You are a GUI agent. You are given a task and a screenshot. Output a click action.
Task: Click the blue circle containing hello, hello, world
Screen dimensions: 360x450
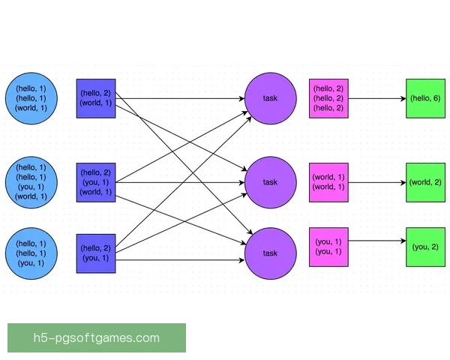tap(31, 98)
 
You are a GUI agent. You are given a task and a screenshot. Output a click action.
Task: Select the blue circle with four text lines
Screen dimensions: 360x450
tap(31, 182)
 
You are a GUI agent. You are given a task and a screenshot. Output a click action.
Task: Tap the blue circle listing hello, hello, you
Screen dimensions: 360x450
tap(31, 253)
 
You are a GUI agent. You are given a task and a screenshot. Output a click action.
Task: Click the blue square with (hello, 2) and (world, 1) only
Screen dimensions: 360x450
tap(96, 98)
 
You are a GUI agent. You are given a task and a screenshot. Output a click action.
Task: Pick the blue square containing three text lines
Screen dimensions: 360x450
tap(96, 182)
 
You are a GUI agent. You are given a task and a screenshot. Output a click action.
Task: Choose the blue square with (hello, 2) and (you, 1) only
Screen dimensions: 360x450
tap(96, 253)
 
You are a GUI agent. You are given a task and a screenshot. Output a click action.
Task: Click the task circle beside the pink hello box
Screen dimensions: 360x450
tap(270, 98)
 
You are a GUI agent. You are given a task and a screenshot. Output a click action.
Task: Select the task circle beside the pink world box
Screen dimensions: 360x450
tap(270, 182)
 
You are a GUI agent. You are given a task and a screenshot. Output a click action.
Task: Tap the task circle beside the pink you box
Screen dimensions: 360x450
tap(270, 253)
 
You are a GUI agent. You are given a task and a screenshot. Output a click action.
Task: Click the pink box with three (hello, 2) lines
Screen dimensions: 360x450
tap(328, 98)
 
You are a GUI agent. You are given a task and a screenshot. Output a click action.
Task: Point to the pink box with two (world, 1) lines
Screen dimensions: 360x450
tap(328, 182)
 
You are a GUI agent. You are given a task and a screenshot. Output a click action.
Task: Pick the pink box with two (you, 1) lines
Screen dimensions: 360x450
tap(328, 247)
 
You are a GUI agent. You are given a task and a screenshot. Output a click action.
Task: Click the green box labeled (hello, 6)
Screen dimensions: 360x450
tap(425, 98)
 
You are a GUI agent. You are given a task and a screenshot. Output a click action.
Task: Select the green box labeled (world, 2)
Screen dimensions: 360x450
tap(425, 182)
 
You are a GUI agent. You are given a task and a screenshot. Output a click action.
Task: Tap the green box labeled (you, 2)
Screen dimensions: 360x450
tap(425, 247)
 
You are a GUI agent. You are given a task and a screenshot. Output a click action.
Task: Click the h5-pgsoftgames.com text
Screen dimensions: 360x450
tap(96, 337)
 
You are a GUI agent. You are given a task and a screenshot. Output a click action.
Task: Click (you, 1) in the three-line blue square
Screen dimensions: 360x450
tap(96, 182)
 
